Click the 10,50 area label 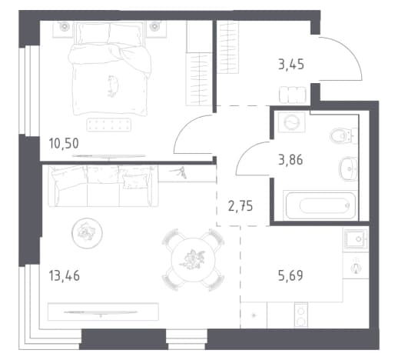click(64, 143)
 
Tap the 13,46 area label click(64, 276)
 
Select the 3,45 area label click(291, 64)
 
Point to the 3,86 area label click(290, 160)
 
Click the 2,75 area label click(240, 206)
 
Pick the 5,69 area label click(290, 275)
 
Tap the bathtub click(320, 205)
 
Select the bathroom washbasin click(348, 168)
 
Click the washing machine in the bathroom click(291, 122)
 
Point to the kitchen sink click(357, 239)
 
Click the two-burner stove click(301, 315)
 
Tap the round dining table click(194, 260)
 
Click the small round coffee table click(87, 233)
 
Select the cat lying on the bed click(112, 86)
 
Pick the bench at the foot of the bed click(109, 125)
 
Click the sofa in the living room click(103, 186)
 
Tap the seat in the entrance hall click(293, 95)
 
